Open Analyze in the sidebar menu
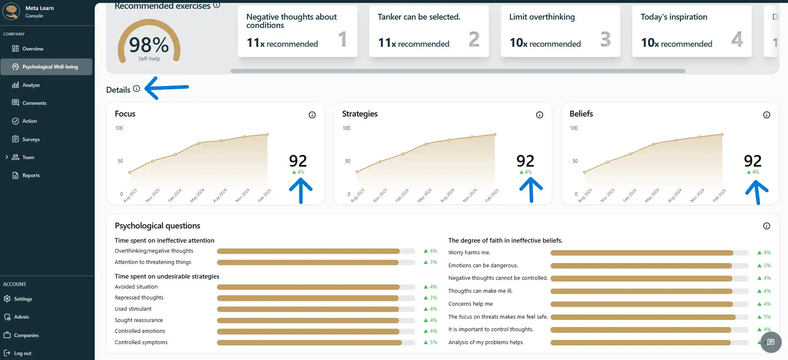point(31,85)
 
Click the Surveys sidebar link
point(31,139)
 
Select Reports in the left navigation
point(31,175)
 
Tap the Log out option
point(23,353)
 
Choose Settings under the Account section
point(23,299)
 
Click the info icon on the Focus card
point(312,115)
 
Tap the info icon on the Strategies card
point(540,115)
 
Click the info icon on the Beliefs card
point(767,115)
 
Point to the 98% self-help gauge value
point(149,45)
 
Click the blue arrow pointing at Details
point(167,88)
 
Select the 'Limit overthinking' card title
point(542,17)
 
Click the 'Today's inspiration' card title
point(674,17)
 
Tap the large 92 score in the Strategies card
point(525,161)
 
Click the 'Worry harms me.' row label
point(469,253)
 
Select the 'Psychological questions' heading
point(157,226)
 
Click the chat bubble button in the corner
point(770,342)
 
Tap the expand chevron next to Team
point(7,157)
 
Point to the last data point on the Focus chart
point(268,134)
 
